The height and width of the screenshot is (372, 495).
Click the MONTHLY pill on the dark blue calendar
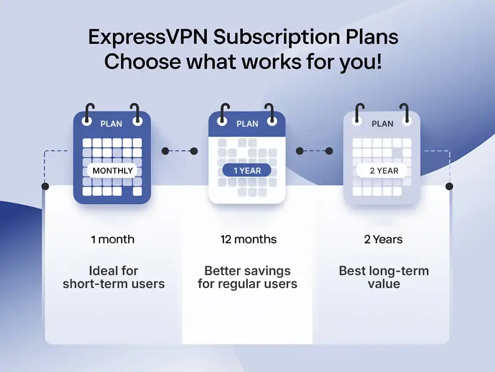(x=113, y=170)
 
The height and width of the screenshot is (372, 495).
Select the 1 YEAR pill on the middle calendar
(x=247, y=170)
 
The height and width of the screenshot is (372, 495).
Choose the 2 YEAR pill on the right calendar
(x=384, y=170)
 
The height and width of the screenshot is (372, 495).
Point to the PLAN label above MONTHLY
(x=111, y=124)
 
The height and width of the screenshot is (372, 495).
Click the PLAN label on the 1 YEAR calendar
(x=247, y=124)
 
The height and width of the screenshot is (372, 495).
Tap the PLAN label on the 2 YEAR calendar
(x=382, y=124)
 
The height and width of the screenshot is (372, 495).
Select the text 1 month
(x=113, y=239)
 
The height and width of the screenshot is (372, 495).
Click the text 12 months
(x=248, y=239)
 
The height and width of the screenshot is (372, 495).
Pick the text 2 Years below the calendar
(x=383, y=239)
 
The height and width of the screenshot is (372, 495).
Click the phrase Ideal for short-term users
(x=113, y=277)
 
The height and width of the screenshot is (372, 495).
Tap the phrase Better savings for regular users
(x=247, y=277)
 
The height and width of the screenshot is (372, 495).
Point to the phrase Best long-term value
(x=384, y=277)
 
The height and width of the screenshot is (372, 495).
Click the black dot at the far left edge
(x=45, y=186)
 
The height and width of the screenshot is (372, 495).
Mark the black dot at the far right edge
(x=449, y=186)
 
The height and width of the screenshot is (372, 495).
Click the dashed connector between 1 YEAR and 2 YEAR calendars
(x=315, y=151)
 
